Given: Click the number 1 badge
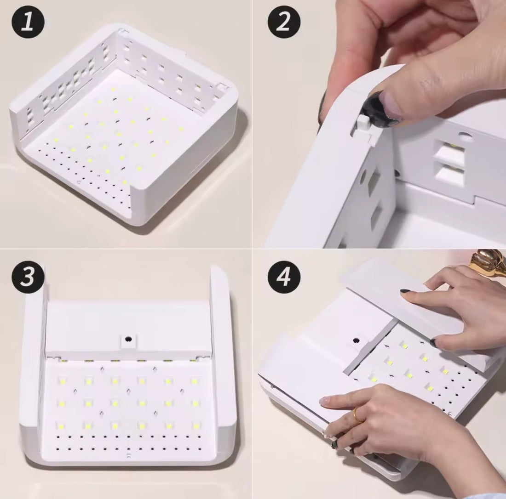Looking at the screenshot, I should [x=29, y=23].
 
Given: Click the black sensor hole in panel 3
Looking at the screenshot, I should [x=128, y=339].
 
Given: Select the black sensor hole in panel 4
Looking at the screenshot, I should [x=356, y=340].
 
